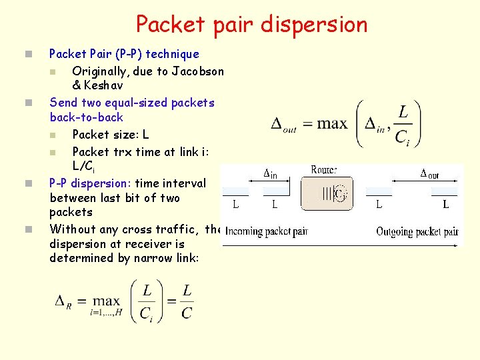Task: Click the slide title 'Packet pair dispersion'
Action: coord(251,25)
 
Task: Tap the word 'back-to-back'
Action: coord(87,117)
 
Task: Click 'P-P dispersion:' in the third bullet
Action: coord(90,183)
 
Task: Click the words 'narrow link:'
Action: coord(164,259)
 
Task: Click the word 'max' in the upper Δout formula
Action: coord(332,123)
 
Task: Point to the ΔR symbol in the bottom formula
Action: coord(63,301)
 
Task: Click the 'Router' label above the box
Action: coord(325,170)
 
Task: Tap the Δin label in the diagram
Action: coord(270,175)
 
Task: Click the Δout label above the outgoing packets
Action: coord(429,175)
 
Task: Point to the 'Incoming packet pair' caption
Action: coord(266,232)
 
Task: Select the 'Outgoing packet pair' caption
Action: coord(417,232)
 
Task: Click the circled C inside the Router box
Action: coord(339,193)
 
